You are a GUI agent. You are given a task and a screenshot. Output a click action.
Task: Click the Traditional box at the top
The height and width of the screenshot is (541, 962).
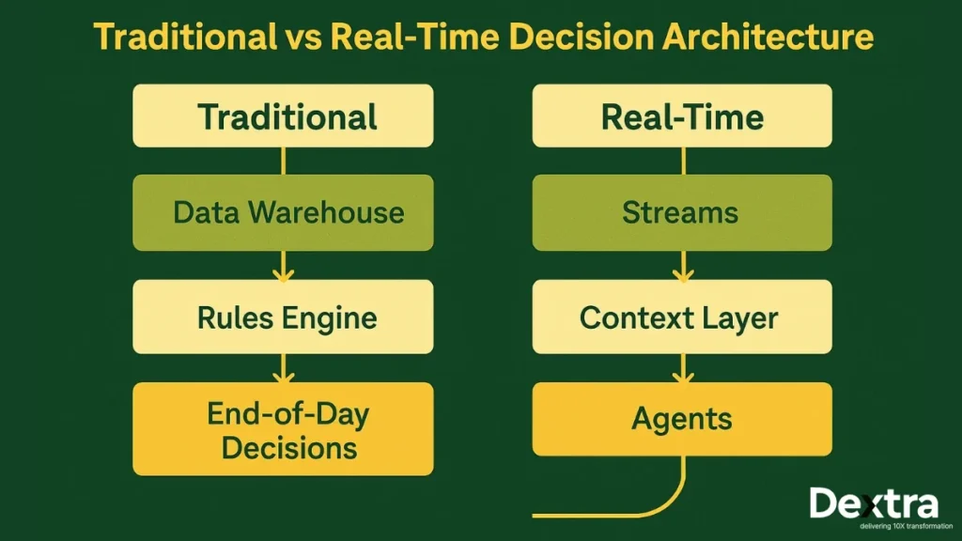pyautogui.click(x=283, y=116)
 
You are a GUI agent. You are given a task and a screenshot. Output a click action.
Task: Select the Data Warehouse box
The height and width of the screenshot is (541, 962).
pyautogui.click(x=283, y=212)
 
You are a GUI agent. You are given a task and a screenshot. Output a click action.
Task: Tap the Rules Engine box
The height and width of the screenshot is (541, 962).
pyautogui.click(x=283, y=317)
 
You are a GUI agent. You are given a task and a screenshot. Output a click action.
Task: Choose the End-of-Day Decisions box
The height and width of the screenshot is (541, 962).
pyautogui.click(x=283, y=428)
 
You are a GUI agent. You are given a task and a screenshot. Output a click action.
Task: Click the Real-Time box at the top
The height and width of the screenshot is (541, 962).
pyautogui.click(x=682, y=116)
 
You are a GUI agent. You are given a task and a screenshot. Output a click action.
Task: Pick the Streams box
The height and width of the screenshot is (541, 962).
pyautogui.click(x=682, y=212)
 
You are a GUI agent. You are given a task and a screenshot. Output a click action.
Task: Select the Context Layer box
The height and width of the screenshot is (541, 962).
pyautogui.click(x=682, y=317)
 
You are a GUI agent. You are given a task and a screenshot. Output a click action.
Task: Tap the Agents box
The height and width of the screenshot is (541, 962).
pyautogui.click(x=682, y=419)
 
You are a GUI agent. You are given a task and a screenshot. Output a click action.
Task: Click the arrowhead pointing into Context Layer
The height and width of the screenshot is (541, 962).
pyautogui.click(x=682, y=274)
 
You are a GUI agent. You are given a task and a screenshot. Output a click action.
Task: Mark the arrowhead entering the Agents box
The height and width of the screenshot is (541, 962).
pyautogui.click(x=682, y=377)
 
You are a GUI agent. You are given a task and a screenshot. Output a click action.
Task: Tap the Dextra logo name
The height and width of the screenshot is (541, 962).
pyautogui.click(x=873, y=503)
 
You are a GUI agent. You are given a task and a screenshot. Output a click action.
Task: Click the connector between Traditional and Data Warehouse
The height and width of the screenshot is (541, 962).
pyautogui.click(x=283, y=161)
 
